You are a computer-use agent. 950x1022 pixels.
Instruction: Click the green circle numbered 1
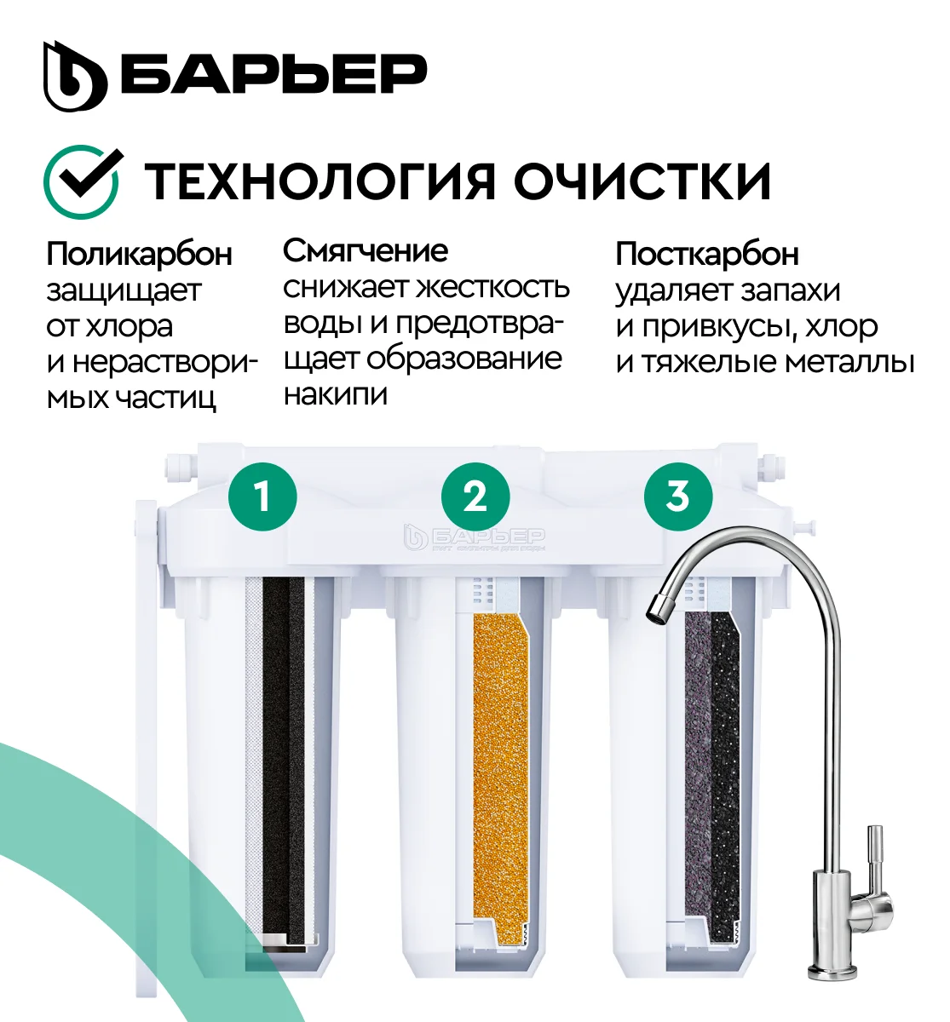(262, 496)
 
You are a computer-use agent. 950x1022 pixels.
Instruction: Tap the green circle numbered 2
(475, 496)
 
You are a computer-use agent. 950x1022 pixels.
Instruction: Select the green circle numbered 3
(677, 496)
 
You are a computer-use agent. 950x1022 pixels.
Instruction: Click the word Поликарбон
(140, 254)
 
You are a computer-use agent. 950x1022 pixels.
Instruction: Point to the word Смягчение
(366, 251)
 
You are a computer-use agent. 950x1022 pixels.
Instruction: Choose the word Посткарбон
(707, 254)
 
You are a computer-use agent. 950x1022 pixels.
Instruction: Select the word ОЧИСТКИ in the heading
(643, 181)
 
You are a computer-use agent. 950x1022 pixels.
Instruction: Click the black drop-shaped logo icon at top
(74, 76)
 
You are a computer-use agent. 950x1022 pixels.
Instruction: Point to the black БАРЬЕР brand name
(273, 76)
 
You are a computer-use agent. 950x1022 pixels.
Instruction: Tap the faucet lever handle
(876, 860)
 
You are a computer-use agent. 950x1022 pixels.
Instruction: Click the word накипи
(336, 394)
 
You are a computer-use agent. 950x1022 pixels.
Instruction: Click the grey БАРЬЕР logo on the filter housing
(474, 537)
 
